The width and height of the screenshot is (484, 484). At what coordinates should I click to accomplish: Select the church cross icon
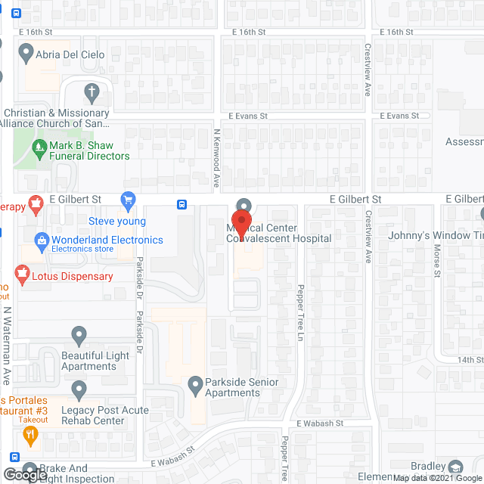tap(92, 92)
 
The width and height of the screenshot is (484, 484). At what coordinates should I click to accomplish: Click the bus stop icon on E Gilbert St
tap(182, 204)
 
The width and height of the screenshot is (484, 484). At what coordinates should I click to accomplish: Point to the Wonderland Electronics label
tap(107, 240)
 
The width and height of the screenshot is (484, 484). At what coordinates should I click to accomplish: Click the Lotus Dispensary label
tap(72, 276)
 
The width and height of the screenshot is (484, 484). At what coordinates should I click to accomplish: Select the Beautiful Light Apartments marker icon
tap(79, 334)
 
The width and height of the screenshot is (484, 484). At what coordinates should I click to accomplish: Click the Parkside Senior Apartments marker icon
tap(196, 383)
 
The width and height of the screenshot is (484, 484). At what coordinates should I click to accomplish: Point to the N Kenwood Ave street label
tap(216, 158)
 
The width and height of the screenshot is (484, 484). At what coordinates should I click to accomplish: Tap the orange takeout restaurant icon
tap(30, 434)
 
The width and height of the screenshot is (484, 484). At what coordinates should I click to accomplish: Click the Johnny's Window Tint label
tap(435, 235)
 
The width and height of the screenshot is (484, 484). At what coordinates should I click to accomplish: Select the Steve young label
tap(117, 222)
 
